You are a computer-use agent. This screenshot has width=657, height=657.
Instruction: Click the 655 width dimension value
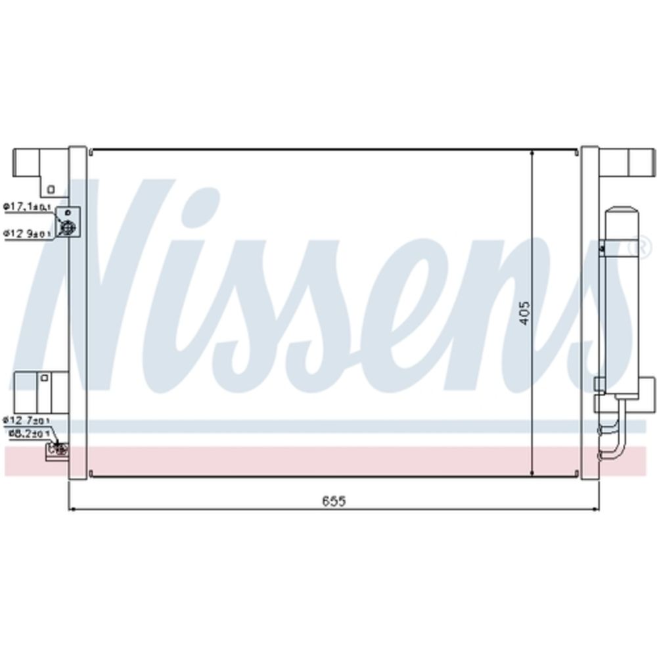point(334,501)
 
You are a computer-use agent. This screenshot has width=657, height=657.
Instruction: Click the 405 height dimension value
point(524,313)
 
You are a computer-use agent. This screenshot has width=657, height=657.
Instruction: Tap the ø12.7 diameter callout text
point(26,419)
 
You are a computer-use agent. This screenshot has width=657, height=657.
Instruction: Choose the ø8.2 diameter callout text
point(29,434)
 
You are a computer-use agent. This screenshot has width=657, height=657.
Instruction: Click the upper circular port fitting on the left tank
point(67,227)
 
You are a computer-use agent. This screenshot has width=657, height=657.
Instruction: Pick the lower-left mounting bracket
point(39,388)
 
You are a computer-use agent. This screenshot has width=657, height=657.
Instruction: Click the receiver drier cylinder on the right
point(621,296)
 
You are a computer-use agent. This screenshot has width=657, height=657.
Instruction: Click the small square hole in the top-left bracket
point(51,189)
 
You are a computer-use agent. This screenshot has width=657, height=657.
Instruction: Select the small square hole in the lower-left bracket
point(44,378)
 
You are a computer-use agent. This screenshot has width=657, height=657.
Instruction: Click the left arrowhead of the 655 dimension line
point(72,508)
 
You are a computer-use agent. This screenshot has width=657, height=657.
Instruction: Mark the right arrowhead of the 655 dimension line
point(595,508)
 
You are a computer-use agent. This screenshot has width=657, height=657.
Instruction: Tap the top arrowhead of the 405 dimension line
point(531,153)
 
